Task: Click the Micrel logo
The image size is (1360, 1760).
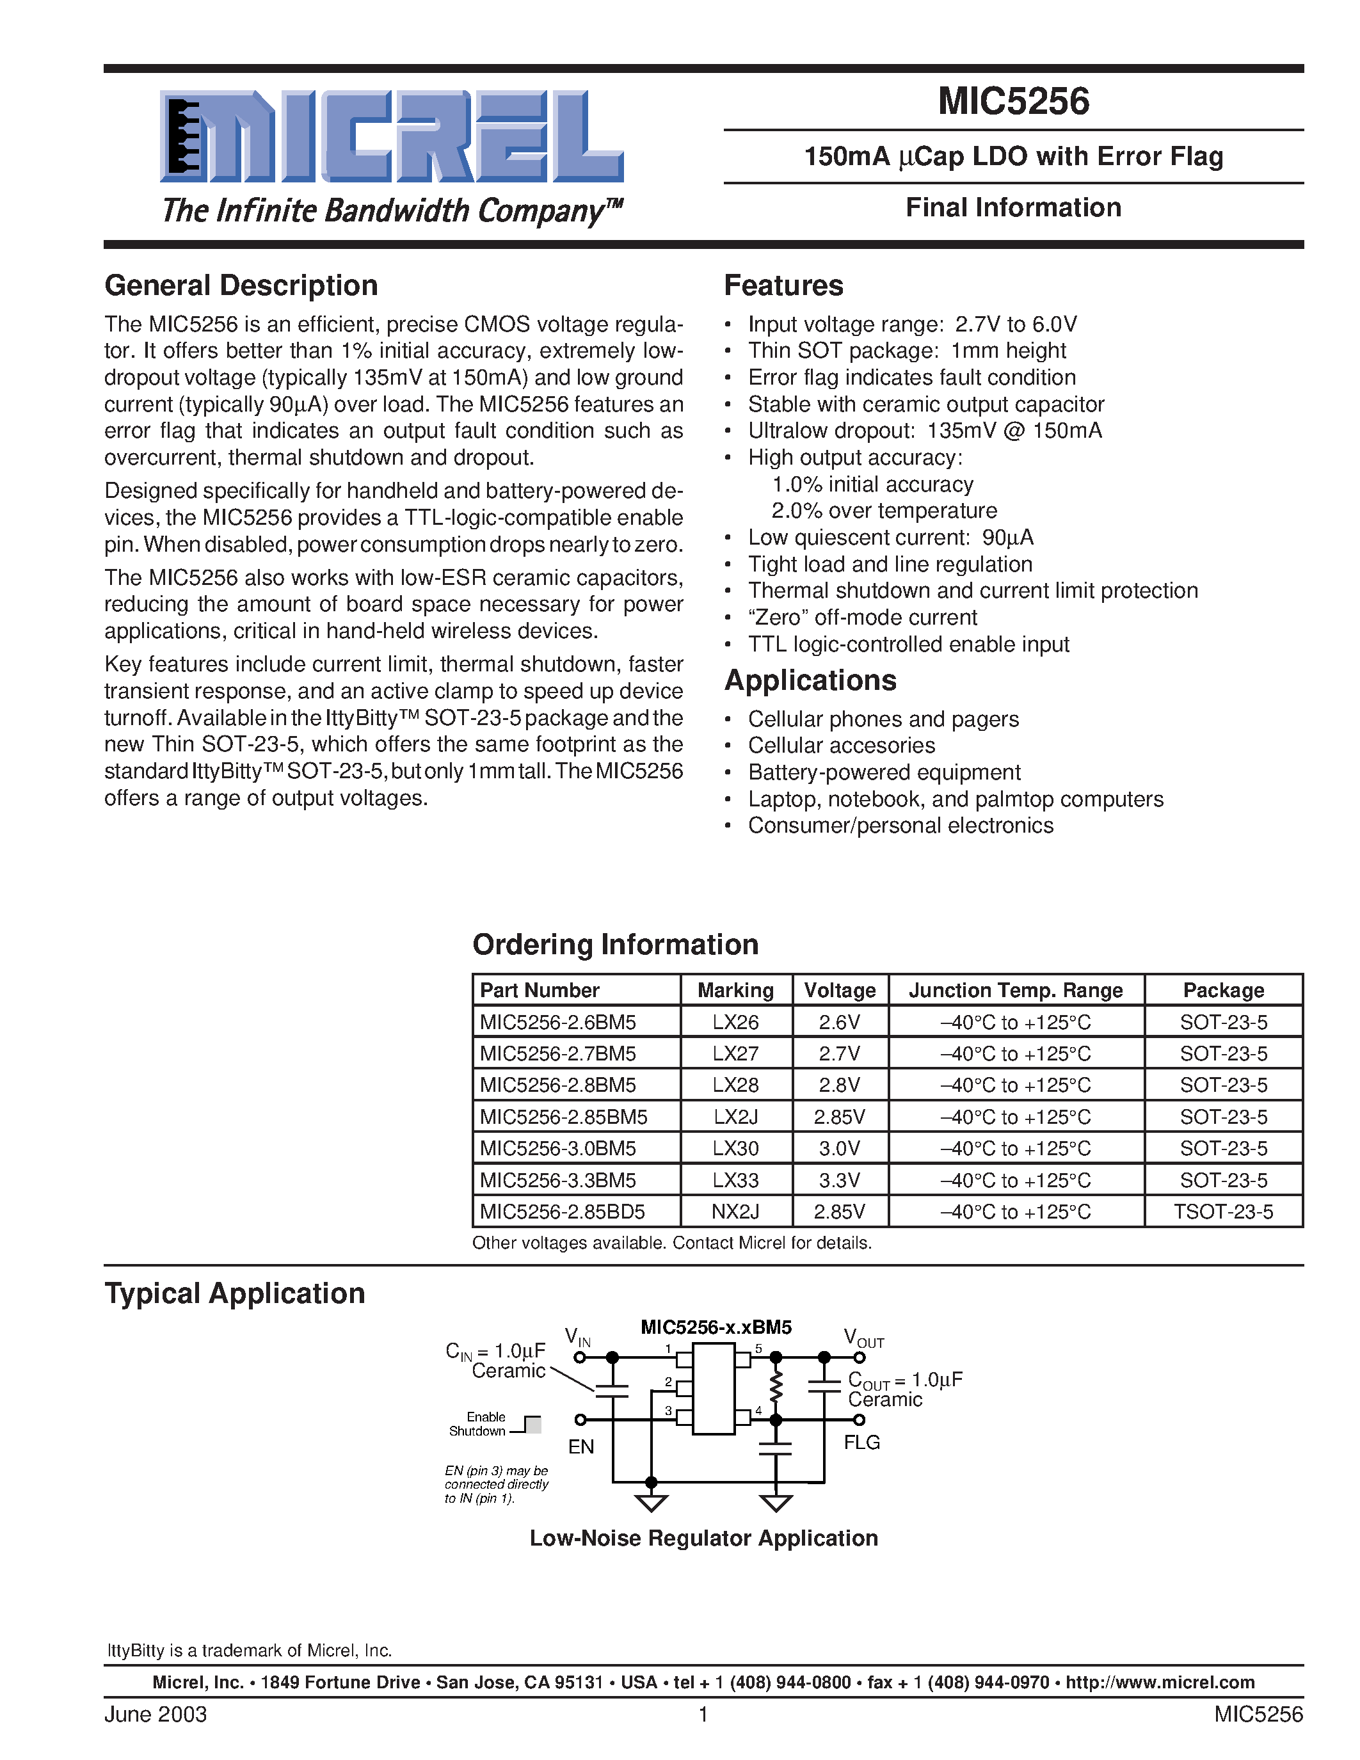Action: coord(392,137)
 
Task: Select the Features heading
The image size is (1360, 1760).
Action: coord(783,285)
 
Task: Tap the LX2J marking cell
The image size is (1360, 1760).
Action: coord(735,1117)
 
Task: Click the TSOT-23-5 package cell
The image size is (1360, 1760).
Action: coord(1222,1212)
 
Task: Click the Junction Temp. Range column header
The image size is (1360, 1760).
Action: coord(1015,991)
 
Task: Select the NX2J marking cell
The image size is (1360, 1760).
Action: coord(735,1212)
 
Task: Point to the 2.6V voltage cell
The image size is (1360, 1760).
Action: coord(839,1022)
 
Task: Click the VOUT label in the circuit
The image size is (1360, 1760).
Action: coord(863,1338)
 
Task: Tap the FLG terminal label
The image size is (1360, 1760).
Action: coord(861,1443)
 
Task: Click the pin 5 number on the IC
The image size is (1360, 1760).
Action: coord(758,1348)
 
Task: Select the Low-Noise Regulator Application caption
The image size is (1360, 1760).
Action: coord(703,1539)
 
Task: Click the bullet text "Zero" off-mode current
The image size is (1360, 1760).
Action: coord(861,618)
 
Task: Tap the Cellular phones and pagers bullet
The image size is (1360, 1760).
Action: coord(883,719)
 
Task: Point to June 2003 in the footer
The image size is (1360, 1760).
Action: coord(156,1714)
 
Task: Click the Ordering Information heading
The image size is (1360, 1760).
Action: coord(615,945)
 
